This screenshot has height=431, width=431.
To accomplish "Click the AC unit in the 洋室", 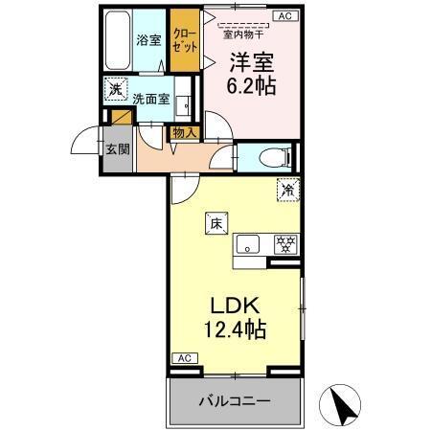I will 284,15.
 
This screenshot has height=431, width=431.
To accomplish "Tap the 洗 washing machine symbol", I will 115,90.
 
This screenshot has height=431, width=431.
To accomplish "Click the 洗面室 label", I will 150,98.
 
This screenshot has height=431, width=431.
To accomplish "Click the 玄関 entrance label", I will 116,148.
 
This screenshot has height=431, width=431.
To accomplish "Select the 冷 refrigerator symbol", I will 285,191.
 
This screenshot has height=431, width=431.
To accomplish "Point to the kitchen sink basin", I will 248,243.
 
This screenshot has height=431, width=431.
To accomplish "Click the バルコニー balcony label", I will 235,400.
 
